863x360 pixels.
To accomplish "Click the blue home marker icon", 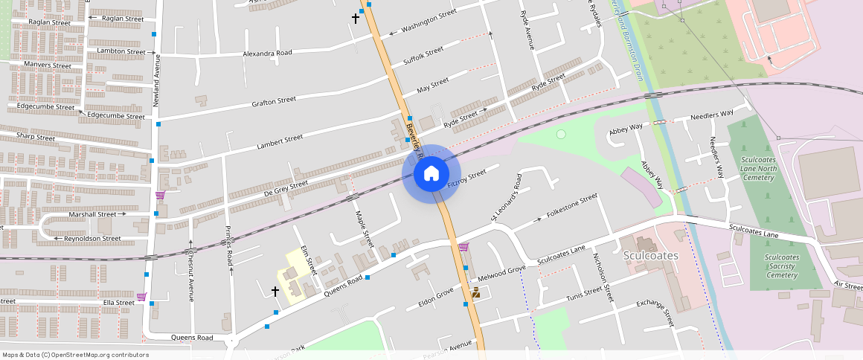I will click(x=431, y=174).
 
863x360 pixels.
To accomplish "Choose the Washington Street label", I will click(x=429, y=22).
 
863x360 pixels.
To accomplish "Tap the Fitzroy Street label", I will click(x=466, y=176).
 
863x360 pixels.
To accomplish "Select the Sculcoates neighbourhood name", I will click(x=651, y=255).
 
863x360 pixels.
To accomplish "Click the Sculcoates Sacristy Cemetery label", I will click(x=782, y=266).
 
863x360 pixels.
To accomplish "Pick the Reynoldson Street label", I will click(x=92, y=239).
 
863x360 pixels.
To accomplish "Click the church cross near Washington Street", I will click(x=356, y=17).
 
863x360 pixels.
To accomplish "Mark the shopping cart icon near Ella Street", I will click(x=141, y=296).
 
